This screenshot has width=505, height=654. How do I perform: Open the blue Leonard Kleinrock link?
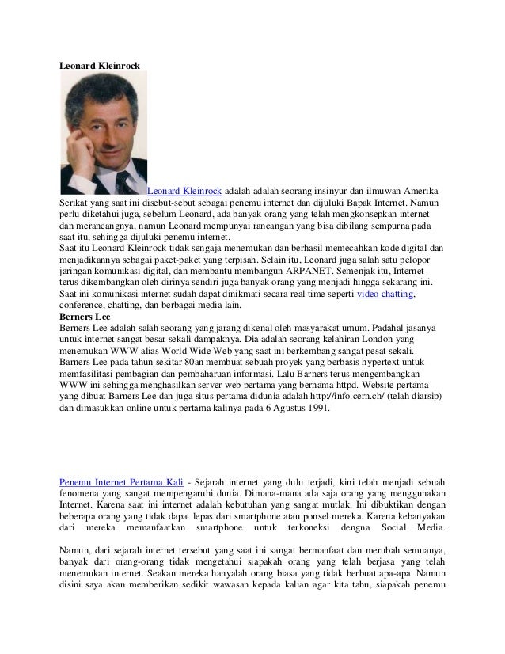[184, 192]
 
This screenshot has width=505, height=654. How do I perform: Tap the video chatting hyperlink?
[385, 295]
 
